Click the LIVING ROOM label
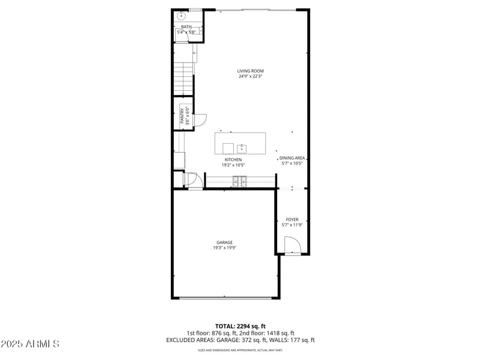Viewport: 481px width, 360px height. [x=250, y=71]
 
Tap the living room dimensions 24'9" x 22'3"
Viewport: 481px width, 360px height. [x=250, y=76]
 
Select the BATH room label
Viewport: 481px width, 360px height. [x=186, y=26]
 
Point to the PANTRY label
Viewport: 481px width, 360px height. [x=182, y=115]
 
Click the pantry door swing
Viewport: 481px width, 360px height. [x=201, y=120]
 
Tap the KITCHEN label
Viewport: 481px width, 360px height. [x=233, y=159]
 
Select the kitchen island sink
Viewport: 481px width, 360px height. [x=242, y=148]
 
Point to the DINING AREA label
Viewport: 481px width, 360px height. [x=293, y=158]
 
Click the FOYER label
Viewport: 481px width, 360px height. [x=292, y=219]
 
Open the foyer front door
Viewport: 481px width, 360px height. [x=292, y=246]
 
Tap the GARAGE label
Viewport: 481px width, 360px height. [x=225, y=242]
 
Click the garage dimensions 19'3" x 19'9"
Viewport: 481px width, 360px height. [x=225, y=248]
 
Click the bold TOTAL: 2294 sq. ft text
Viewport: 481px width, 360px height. [x=240, y=326]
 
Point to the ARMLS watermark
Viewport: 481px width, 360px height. [x=30, y=344]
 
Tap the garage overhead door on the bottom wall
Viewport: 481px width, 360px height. [x=225, y=297]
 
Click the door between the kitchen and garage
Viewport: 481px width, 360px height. [x=192, y=180]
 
